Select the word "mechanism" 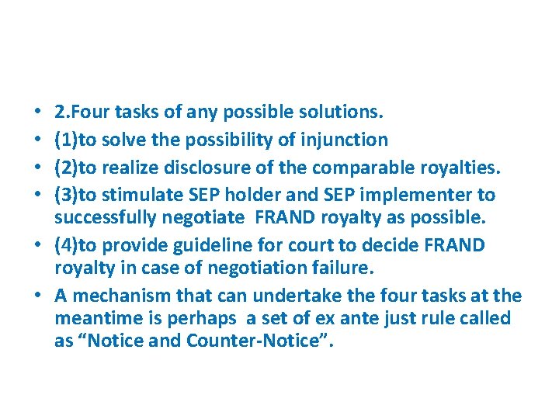coord(116,296)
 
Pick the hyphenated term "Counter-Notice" coord(259,340)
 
